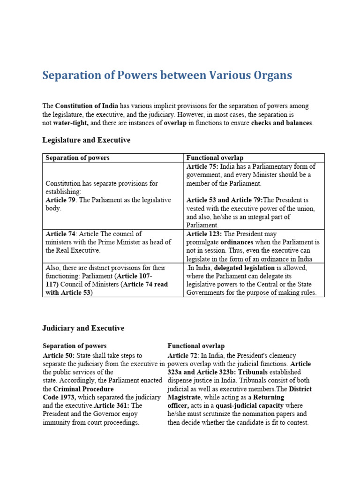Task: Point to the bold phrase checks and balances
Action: click(x=281, y=123)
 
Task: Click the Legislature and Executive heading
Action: click(x=86, y=140)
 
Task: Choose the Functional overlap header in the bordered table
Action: click(x=215, y=158)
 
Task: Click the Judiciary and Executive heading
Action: click(x=83, y=329)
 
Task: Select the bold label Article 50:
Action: click(x=59, y=356)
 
